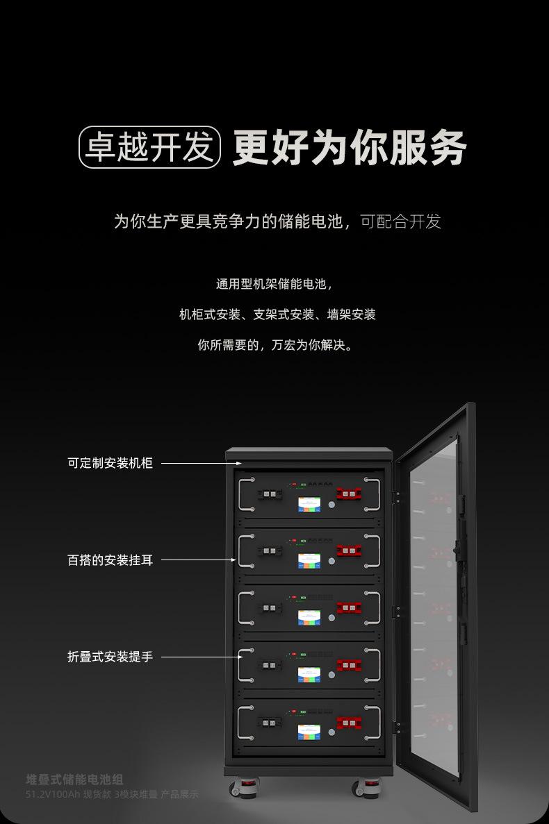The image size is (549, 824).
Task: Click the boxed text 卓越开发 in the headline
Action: coord(149,147)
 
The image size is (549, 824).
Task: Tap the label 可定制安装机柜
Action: coord(110,463)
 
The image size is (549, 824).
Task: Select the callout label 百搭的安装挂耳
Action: coord(110,560)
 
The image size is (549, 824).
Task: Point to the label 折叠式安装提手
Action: coord(110,656)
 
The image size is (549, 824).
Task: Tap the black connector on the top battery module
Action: coord(269,494)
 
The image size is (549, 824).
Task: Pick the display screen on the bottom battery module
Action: coord(309,732)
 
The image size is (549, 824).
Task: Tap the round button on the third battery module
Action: coord(331,618)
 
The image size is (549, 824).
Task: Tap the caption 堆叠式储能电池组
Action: coord(74,780)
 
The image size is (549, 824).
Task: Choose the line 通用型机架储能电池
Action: coord(274,285)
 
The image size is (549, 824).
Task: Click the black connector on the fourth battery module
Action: coord(269,665)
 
